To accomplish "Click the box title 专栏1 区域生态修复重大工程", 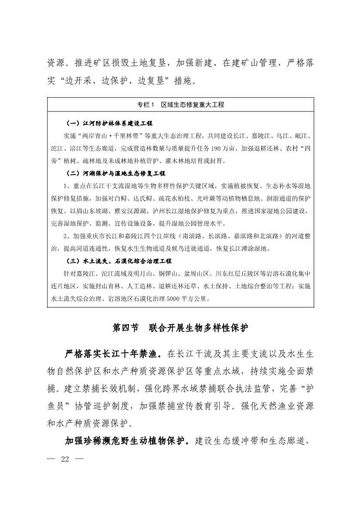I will pyautogui.click(x=180, y=105).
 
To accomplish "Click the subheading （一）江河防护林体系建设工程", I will pyautogui.click(x=109, y=123).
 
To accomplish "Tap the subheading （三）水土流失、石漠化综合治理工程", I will pyautogui.click(x=119, y=261).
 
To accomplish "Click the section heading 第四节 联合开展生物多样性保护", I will pyautogui.click(x=180, y=328).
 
